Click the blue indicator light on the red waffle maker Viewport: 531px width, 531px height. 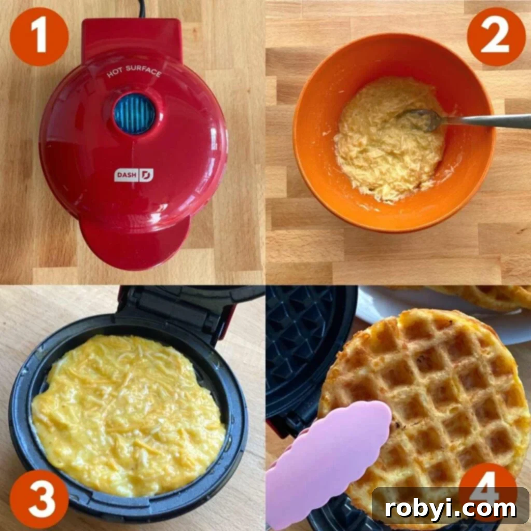[135, 113]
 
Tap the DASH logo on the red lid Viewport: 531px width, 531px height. [134, 175]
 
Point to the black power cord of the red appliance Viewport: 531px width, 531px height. [141, 8]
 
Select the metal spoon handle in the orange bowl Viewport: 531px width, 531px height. [487, 120]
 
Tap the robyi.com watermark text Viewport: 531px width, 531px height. [450, 509]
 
